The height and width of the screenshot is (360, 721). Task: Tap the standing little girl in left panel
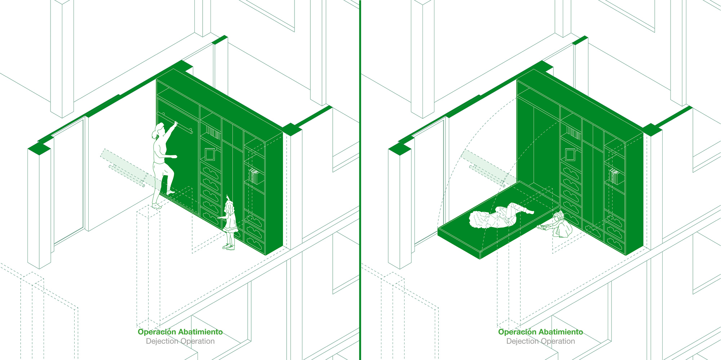click(229, 222)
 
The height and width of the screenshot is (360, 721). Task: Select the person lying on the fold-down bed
click(499, 216)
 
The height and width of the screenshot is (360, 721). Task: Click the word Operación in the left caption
click(157, 332)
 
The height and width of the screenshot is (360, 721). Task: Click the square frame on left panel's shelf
click(209, 154)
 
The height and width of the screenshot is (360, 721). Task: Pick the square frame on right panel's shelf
click(570, 154)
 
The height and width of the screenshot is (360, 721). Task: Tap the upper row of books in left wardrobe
click(213, 133)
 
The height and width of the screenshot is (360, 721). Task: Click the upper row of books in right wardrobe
click(574, 133)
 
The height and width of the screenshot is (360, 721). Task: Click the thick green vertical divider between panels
click(360, 180)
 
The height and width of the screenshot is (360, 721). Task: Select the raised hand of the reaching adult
click(176, 124)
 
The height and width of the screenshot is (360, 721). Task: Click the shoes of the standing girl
click(229, 247)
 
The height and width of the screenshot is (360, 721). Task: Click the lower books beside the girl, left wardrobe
click(254, 177)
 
